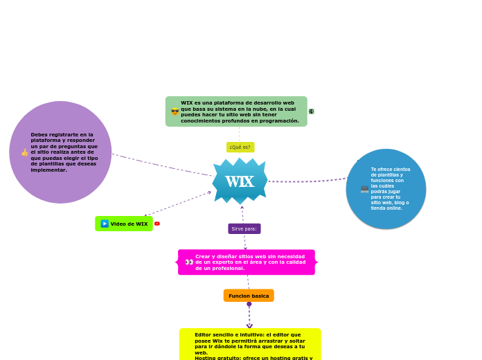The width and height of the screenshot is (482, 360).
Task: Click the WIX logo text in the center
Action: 240,182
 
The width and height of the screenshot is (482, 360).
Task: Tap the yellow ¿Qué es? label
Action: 240,147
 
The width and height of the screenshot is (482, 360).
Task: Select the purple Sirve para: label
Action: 244,228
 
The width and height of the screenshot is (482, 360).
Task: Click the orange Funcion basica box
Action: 249,296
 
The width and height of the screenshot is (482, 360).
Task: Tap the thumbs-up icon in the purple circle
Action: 25,152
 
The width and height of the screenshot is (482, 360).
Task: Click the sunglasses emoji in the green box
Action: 175,111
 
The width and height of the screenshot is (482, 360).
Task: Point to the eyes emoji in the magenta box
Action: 189,262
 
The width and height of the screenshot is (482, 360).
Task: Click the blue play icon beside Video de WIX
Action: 105,224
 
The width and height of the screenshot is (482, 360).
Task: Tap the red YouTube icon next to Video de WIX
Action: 157,224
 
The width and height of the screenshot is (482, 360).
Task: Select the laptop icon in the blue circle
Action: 364,189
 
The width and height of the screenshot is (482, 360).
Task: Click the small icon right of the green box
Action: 312,111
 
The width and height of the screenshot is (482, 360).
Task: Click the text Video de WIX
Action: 129,224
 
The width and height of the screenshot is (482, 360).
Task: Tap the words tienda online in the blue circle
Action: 386,208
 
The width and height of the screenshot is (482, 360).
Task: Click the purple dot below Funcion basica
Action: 249,304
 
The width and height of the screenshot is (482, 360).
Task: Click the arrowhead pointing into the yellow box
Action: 249,325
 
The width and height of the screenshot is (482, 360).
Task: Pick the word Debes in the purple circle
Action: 39,134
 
